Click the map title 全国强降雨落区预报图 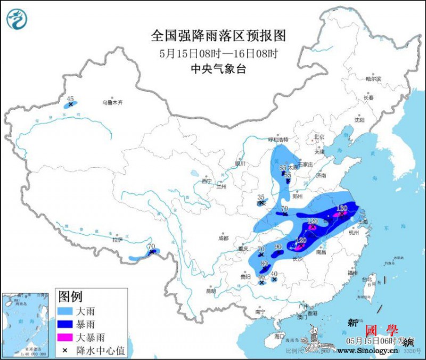(218, 36)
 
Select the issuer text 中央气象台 (218, 69)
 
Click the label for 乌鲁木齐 (112, 103)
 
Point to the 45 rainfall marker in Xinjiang (70, 99)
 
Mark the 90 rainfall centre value (277, 247)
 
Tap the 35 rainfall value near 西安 (261, 197)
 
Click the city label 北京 (319, 137)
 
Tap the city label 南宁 (260, 311)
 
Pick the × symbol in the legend (64, 350)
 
